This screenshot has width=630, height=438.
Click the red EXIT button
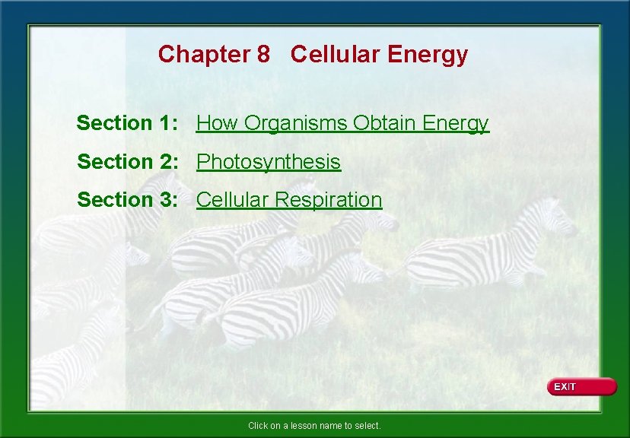click(x=581, y=386)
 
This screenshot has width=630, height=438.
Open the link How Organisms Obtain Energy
click(x=342, y=123)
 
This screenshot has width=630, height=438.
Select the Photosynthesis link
click(x=269, y=162)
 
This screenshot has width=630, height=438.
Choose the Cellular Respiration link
click(x=289, y=200)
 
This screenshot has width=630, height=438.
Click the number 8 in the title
click(x=263, y=55)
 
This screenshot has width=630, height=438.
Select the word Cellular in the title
click(x=336, y=55)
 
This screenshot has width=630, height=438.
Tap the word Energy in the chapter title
click(x=428, y=55)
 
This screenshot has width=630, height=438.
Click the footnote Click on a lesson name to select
click(x=314, y=426)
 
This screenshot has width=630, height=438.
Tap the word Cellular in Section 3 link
click(x=232, y=200)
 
